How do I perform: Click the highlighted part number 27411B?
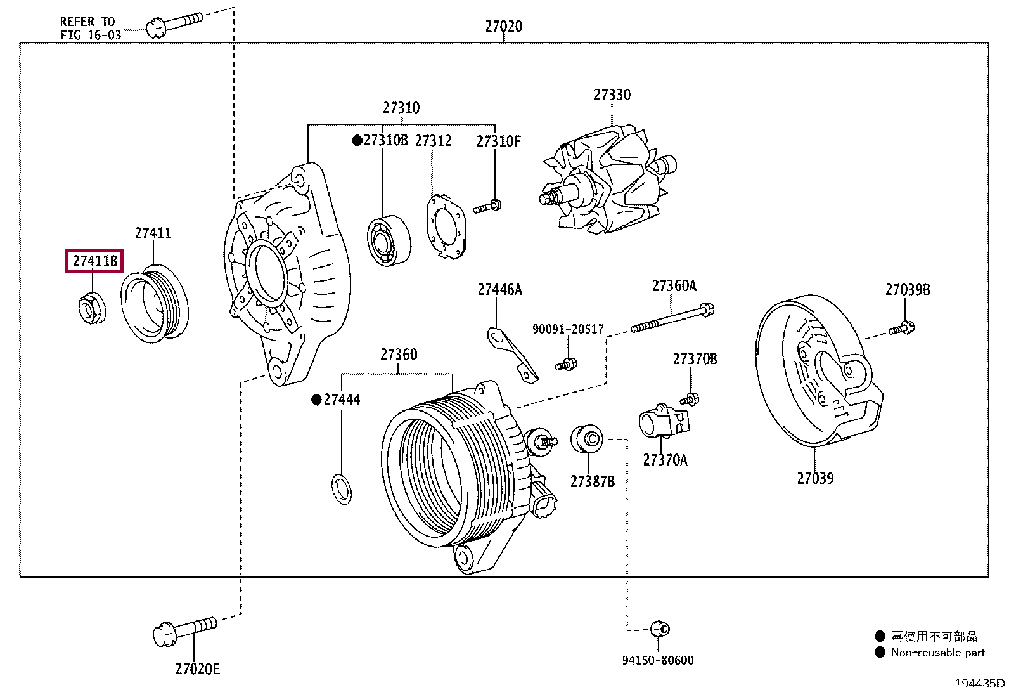[94, 261]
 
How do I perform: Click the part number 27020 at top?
[503, 26]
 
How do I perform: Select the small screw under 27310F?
[487, 206]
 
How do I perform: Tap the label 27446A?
[499, 290]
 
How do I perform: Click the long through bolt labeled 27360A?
[672, 318]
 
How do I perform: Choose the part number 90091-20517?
[568, 329]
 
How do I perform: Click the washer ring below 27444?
[342, 489]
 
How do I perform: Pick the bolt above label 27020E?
[184, 630]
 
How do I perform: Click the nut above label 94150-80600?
[660, 629]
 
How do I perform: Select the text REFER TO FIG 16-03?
[90, 29]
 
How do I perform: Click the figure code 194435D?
[979, 683]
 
